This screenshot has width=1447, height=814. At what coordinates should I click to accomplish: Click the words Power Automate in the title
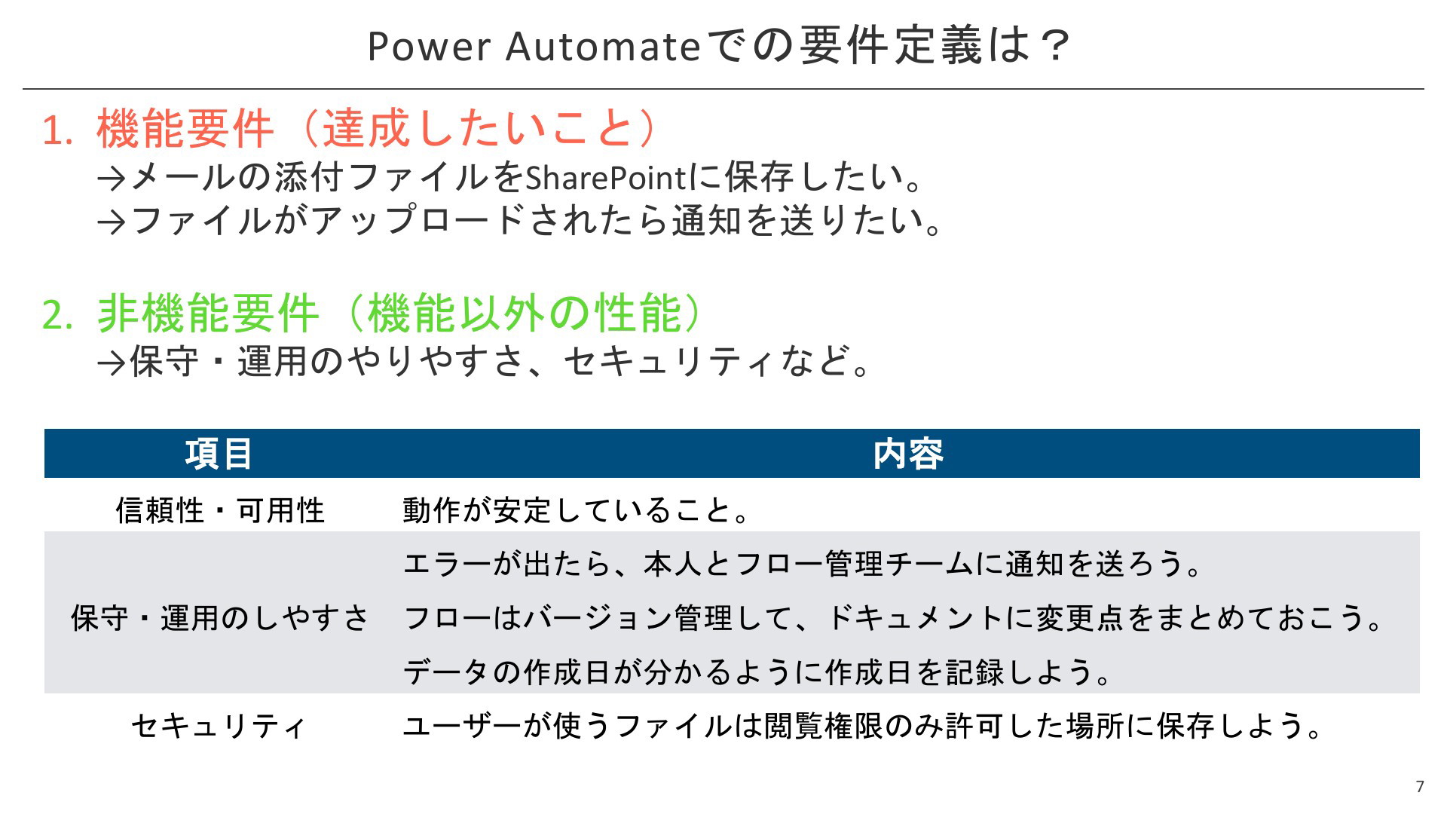tap(534, 46)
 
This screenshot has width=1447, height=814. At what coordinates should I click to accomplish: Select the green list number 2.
tap(57, 314)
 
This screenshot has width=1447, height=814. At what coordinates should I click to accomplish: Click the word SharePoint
tap(606, 178)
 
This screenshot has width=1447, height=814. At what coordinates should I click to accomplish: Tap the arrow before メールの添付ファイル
tap(112, 179)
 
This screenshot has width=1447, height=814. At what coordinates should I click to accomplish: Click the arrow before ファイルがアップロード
tap(112, 222)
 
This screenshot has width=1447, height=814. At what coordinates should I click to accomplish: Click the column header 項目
tap(219, 454)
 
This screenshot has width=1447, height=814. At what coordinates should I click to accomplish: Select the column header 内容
tap(908, 454)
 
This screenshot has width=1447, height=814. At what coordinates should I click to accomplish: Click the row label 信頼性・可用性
tap(220, 510)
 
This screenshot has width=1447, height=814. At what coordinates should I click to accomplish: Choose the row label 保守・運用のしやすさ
tap(220, 618)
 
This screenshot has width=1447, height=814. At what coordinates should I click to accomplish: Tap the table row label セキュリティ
tap(219, 727)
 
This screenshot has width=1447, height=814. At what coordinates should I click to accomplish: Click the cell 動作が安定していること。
tap(577, 510)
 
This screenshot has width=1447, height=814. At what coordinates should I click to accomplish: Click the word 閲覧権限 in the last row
tap(824, 726)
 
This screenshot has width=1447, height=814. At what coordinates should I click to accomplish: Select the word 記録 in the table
tap(975, 672)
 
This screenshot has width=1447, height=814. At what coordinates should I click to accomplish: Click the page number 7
tap(1420, 787)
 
